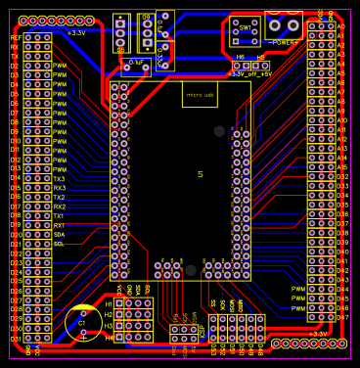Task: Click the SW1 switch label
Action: coord(245,29)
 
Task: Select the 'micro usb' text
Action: coord(200,96)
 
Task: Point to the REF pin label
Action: coord(15,37)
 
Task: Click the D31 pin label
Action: coord(15,339)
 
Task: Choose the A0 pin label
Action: coord(341,36)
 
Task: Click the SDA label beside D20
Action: coord(59,235)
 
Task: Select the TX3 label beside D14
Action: coord(60,179)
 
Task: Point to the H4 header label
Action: coord(109,338)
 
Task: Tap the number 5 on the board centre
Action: coord(201,174)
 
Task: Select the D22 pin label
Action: coord(16,253)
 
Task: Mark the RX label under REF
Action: coord(15,47)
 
